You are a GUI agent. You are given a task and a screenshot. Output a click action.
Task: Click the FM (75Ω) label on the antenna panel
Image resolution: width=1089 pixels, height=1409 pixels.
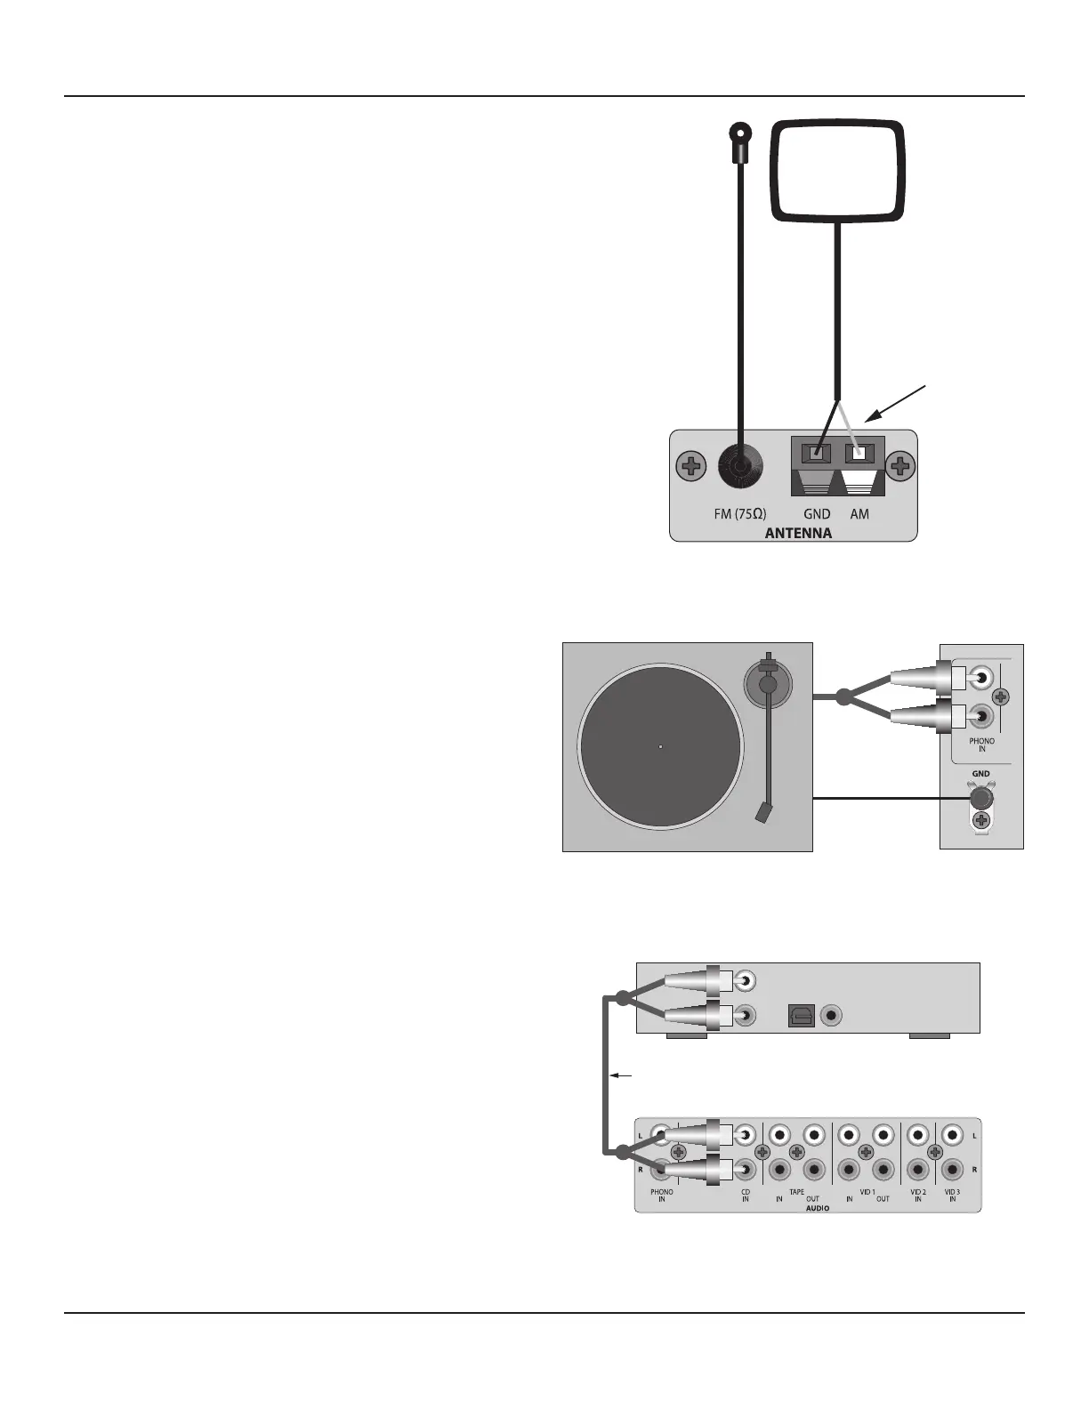[740, 514]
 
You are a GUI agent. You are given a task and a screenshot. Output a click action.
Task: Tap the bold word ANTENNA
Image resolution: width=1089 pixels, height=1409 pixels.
[798, 534]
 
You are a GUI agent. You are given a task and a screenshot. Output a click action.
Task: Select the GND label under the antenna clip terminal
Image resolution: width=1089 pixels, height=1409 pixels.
[817, 514]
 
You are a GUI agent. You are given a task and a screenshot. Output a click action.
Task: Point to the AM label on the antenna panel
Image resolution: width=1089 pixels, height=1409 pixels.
[859, 514]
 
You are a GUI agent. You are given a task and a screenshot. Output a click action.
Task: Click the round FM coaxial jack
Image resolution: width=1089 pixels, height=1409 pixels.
[740, 466]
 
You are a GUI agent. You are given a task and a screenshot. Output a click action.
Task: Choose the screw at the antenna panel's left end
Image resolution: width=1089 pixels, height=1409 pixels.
[690, 465]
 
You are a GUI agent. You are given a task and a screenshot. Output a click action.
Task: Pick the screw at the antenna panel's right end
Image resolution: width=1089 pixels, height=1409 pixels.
[901, 465]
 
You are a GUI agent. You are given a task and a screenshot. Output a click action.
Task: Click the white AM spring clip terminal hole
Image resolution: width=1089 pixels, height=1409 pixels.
[859, 454]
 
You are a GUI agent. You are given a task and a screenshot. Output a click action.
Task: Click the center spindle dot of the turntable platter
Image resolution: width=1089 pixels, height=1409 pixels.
[660, 747]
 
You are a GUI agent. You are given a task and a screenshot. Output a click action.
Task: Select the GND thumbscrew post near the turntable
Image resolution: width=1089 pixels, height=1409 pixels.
[980, 798]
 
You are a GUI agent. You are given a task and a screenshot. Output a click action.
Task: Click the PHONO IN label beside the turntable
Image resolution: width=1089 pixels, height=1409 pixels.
[981, 745]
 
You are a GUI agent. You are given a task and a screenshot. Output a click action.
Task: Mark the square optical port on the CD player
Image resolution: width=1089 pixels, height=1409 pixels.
[801, 1015]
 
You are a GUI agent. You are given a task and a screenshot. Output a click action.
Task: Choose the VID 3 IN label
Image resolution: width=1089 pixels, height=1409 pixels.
[952, 1196]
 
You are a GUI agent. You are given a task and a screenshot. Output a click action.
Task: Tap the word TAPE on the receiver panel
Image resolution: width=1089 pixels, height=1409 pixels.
[796, 1192]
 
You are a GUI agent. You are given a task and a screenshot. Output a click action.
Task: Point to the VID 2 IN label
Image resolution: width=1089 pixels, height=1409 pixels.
[918, 1196]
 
